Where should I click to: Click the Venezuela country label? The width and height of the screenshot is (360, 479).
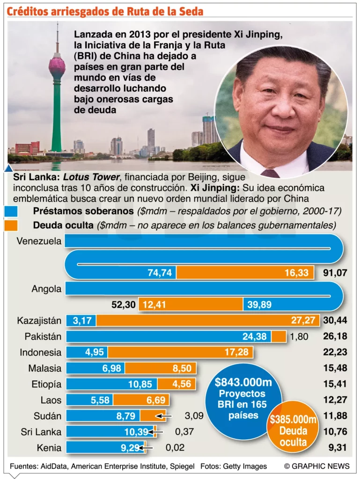pos(39,241)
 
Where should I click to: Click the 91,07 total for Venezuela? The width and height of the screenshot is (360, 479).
pos(335,273)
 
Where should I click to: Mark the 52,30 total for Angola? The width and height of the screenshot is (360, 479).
pos(124,305)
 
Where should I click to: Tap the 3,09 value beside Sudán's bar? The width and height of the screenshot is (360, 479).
pos(194,416)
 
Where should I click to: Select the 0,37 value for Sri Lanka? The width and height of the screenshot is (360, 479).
pos(184,432)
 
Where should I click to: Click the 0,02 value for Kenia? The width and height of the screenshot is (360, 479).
pos(175,448)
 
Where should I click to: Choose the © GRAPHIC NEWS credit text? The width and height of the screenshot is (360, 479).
pos(317,466)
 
